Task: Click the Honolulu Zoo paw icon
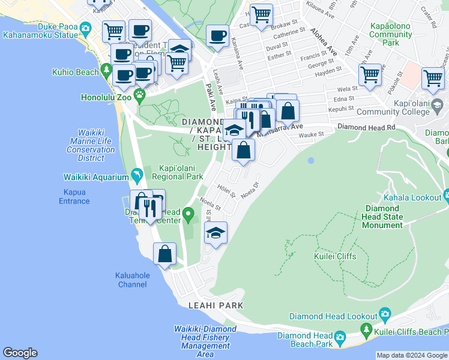click(140, 94)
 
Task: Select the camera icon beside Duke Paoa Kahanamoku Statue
click(85, 28)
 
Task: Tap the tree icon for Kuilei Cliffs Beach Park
click(366, 329)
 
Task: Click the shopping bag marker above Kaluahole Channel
click(164, 253)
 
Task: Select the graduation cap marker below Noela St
click(216, 233)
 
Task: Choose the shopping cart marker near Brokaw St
click(261, 14)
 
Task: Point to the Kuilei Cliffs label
click(334, 256)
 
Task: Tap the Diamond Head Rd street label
click(366, 127)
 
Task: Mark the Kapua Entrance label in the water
click(74, 197)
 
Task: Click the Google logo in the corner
click(20, 353)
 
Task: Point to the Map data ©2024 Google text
click(411, 355)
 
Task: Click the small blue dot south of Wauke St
click(310, 161)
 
